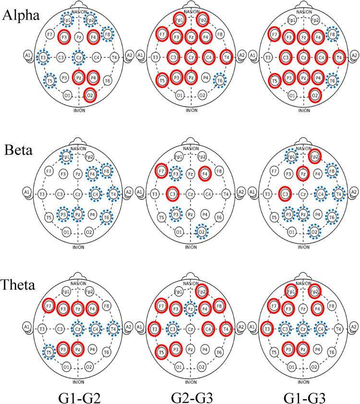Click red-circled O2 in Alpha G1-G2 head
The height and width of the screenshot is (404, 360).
tap(89, 95)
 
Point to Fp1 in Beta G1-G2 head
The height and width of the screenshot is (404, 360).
tap(67, 156)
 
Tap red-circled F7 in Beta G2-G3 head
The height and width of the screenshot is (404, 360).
tap(161, 171)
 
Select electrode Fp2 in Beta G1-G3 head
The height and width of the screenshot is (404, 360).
tap(315, 156)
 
